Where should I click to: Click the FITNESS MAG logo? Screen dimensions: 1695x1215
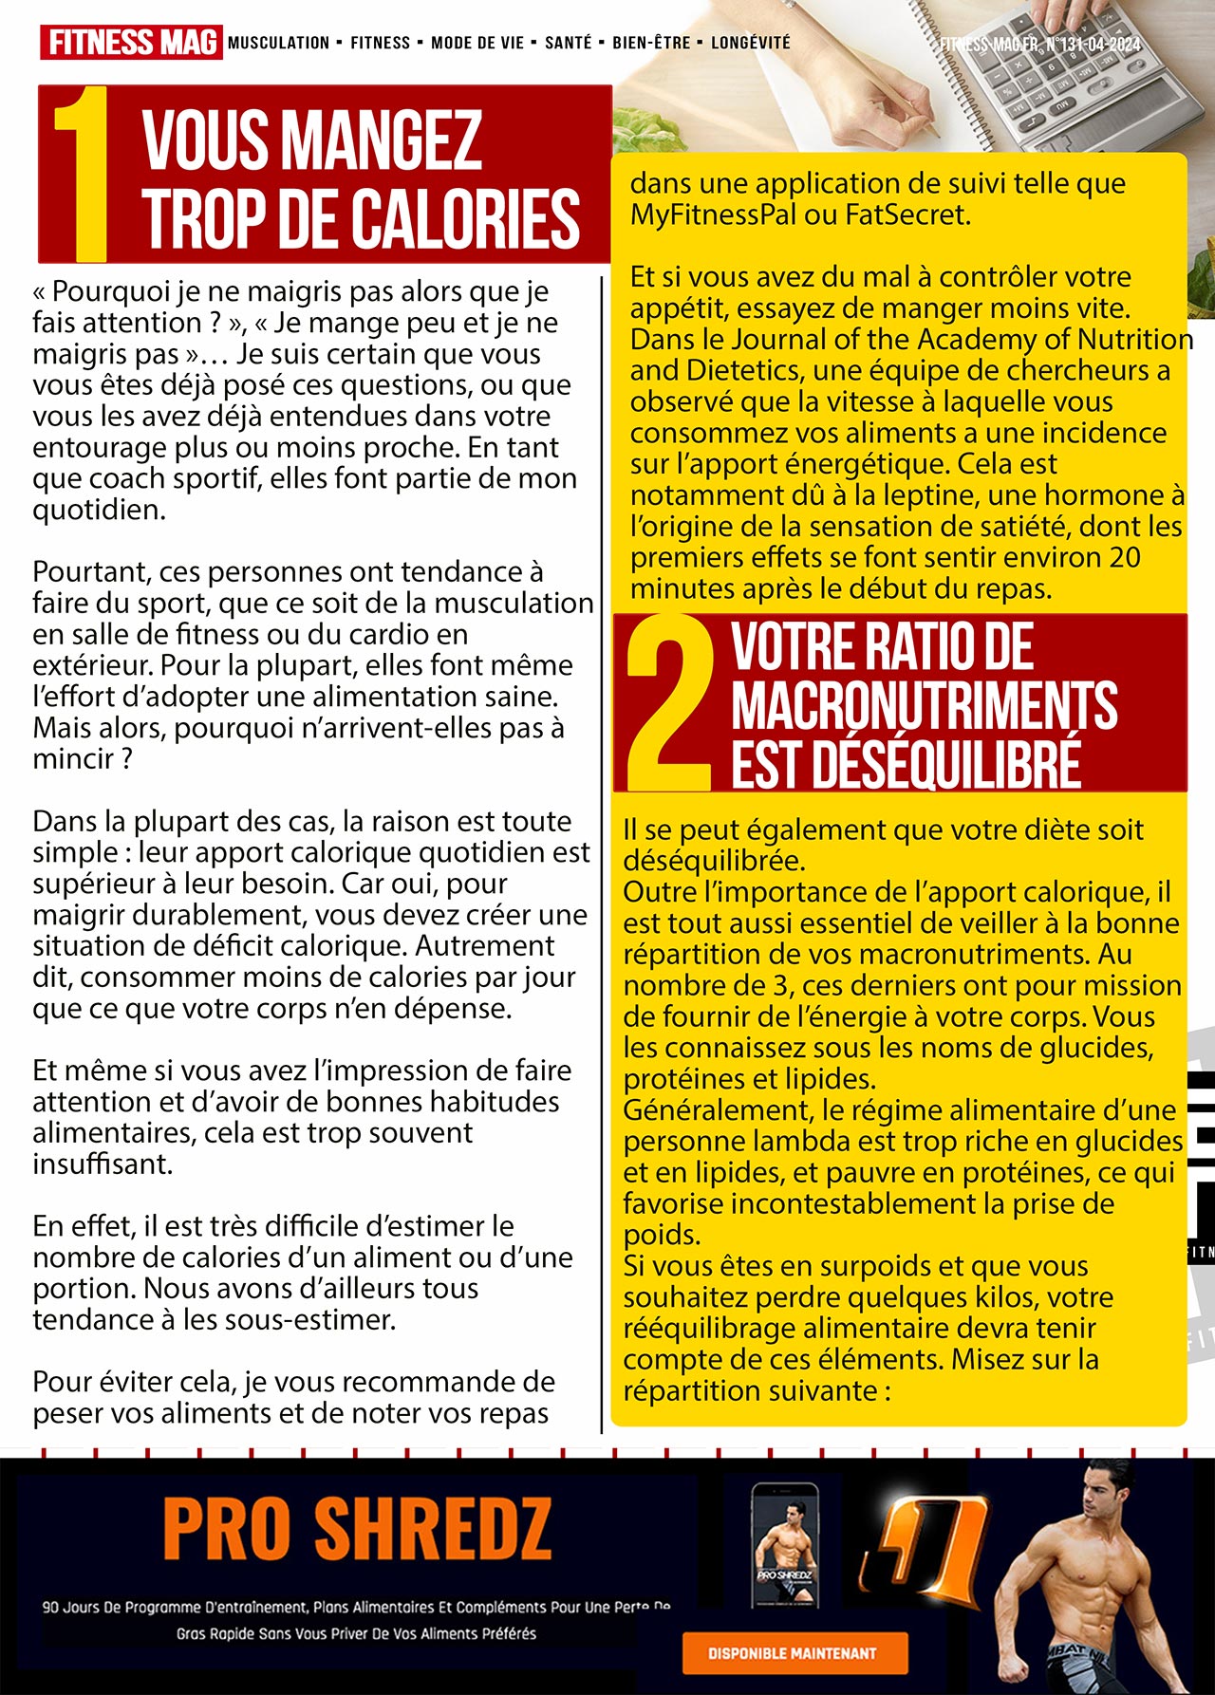pyautogui.click(x=131, y=43)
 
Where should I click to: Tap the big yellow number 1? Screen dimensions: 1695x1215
pyautogui.click(x=82, y=175)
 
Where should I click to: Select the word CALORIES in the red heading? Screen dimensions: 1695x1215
pyautogui.click(x=464, y=217)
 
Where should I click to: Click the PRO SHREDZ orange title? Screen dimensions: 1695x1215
pyautogui.click(x=357, y=1529)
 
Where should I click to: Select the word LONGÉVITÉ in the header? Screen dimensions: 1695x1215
pyautogui.click(x=750, y=43)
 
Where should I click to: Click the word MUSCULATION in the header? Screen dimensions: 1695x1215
pyautogui.click(x=278, y=43)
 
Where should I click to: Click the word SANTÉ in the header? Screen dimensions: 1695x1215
pyautogui.click(x=568, y=43)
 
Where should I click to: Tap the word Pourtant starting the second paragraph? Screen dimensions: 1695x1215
pyautogui.click(x=91, y=572)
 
